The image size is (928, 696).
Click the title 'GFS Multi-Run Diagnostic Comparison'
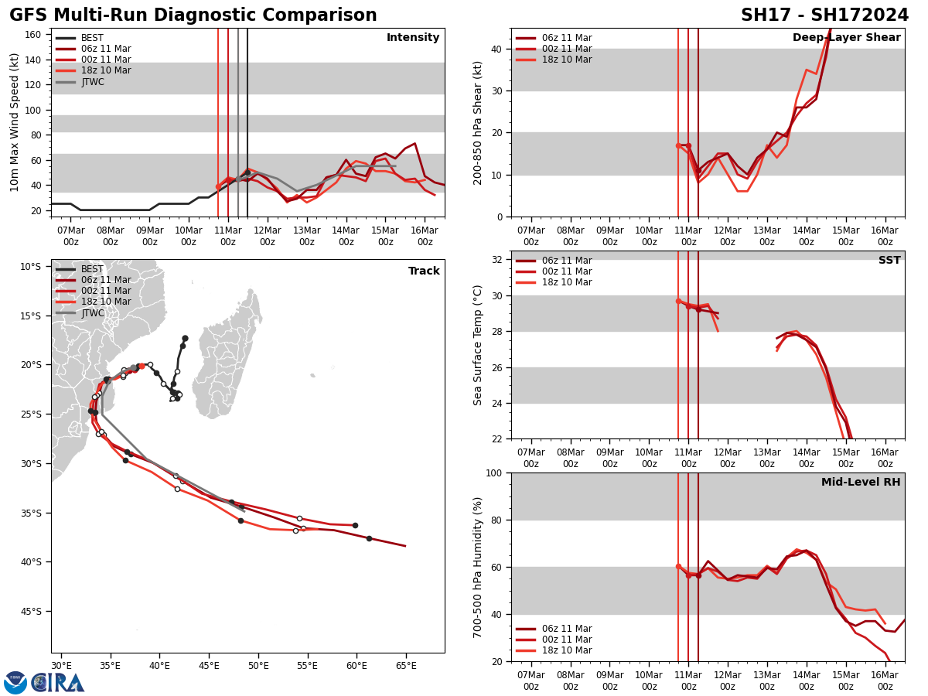[x=193, y=15]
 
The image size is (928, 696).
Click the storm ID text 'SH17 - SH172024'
[x=824, y=15]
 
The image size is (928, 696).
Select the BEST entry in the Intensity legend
[x=92, y=38]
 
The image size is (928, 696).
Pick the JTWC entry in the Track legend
[x=92, y=313]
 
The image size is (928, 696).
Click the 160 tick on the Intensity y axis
[x=33, y=35]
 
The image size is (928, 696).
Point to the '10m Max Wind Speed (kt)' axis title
[x=15, y=122]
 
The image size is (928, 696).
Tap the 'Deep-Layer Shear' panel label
[x=846, y=38]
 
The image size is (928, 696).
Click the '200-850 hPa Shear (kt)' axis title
[x=478, y=122]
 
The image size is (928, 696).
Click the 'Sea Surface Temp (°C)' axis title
[x=478, y=345]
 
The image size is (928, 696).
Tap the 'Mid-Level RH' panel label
[x=860, y=483]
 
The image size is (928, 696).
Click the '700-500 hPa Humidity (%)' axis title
[x=478, y=567]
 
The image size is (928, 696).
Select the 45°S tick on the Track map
[x=31, y=611]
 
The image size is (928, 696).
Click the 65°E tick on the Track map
[x=406, y=665]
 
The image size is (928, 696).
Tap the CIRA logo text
[x=58, y=682]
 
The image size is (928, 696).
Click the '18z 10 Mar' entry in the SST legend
[x=567, y=282]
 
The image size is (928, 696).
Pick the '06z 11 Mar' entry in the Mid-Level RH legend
[x=567, y=629]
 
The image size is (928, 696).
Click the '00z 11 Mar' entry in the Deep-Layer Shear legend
[x=567, y=49]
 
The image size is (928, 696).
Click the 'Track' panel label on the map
[x=424, y=271]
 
